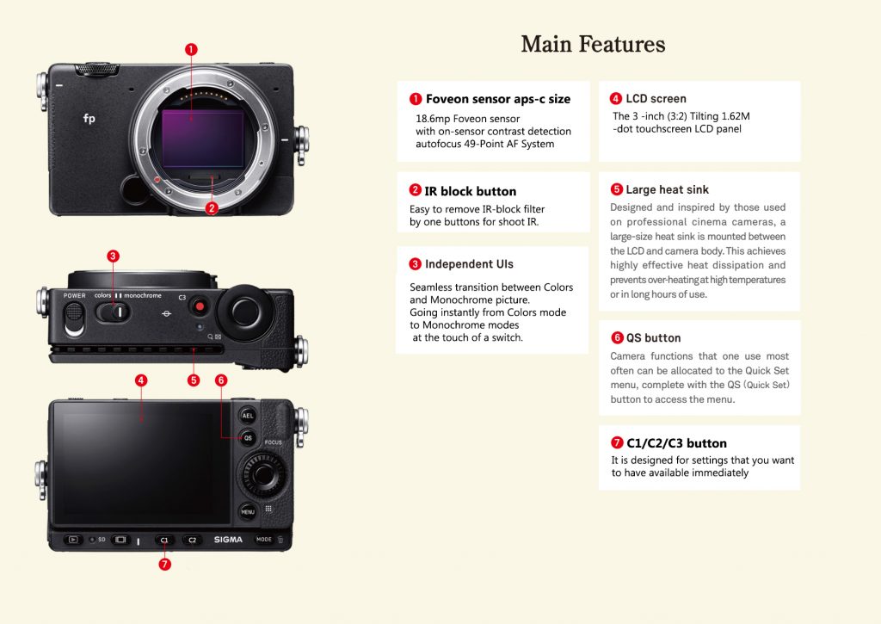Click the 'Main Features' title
coord(593,44)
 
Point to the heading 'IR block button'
coord(470,191)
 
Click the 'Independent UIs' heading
coord(469,264)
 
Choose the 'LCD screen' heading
coord(656,98)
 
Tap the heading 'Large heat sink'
coord(667,189)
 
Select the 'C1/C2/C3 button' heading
coord(676,443)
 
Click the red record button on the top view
coord(200,306)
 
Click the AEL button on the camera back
coord(248,415)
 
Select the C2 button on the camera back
coord(192,541)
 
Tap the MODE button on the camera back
coord(263,540)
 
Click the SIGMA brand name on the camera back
coord(228,540)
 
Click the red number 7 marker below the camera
coord(165,565)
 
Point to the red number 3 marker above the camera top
coord(113,256)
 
